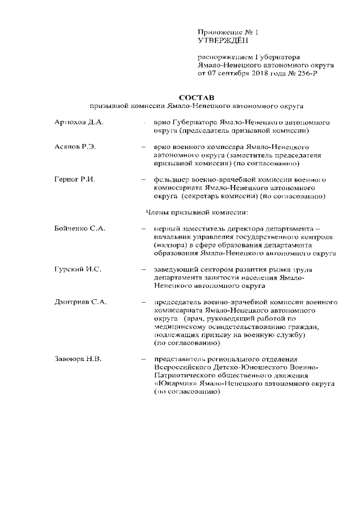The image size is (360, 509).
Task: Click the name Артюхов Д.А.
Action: pos(79,122)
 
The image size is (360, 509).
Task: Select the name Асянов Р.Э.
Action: pos(76,147)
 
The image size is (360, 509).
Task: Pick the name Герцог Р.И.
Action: pos(75,179)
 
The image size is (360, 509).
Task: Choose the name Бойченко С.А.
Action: pos(80,228)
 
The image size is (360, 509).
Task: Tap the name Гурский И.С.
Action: pos(78,269)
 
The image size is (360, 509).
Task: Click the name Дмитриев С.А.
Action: pos(81,302)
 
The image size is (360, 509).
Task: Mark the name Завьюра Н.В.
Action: pos(78,359)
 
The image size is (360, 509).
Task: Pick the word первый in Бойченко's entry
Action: pos(168,228)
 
